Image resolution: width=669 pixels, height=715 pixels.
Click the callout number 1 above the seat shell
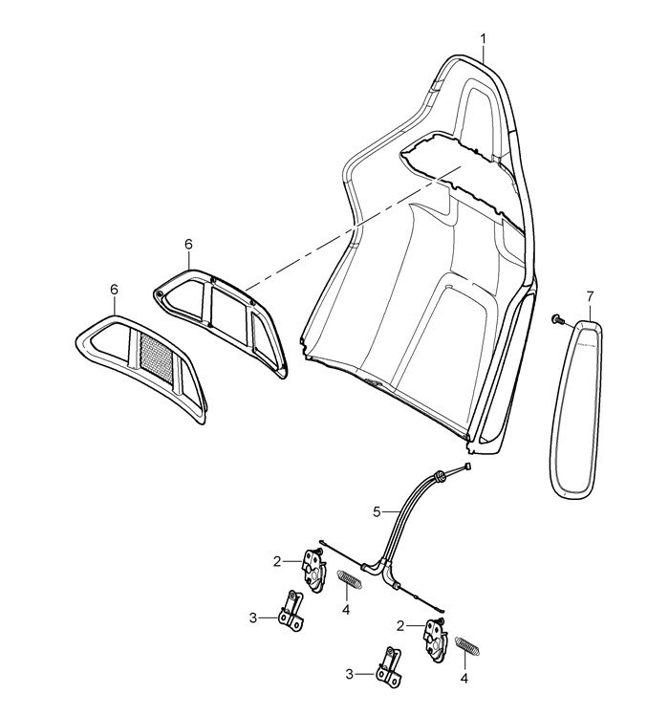pos(483,40)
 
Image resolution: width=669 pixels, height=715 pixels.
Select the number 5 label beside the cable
pos(377,512)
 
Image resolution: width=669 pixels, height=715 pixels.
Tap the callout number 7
pos(590,297)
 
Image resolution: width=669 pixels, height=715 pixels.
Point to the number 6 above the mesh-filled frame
pos(114,289)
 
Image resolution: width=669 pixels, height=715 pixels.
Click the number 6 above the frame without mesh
pos(188,244)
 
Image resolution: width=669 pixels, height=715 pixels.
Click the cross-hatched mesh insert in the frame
pos(157,357)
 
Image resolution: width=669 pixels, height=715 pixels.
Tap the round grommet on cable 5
pos(440,475)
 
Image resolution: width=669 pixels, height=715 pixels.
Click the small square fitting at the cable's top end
pos(466,466)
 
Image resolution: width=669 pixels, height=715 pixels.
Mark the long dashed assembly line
pos(353,228)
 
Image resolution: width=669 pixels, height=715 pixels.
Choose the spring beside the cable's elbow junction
pos(350,578)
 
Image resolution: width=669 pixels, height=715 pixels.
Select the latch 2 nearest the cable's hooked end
pos(436,636)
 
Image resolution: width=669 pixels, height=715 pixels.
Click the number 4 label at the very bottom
pos(464,679)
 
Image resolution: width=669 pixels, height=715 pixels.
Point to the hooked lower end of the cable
pos(440,610)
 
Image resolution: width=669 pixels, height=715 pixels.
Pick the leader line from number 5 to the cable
pos(390,512)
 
